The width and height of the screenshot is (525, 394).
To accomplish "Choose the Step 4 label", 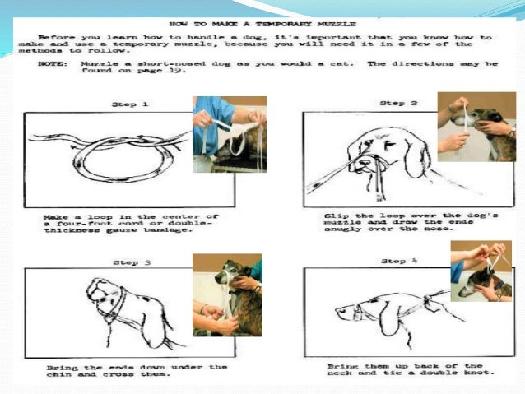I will pyautogui.click(x=397, y=260).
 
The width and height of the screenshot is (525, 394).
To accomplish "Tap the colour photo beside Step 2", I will pyautogui.click(x=476, y=127).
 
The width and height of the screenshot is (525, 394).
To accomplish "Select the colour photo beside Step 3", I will pyautogui.click(x=227, y=294).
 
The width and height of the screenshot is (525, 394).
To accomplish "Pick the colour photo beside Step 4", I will pyautogui.click(x=481, y=271).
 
